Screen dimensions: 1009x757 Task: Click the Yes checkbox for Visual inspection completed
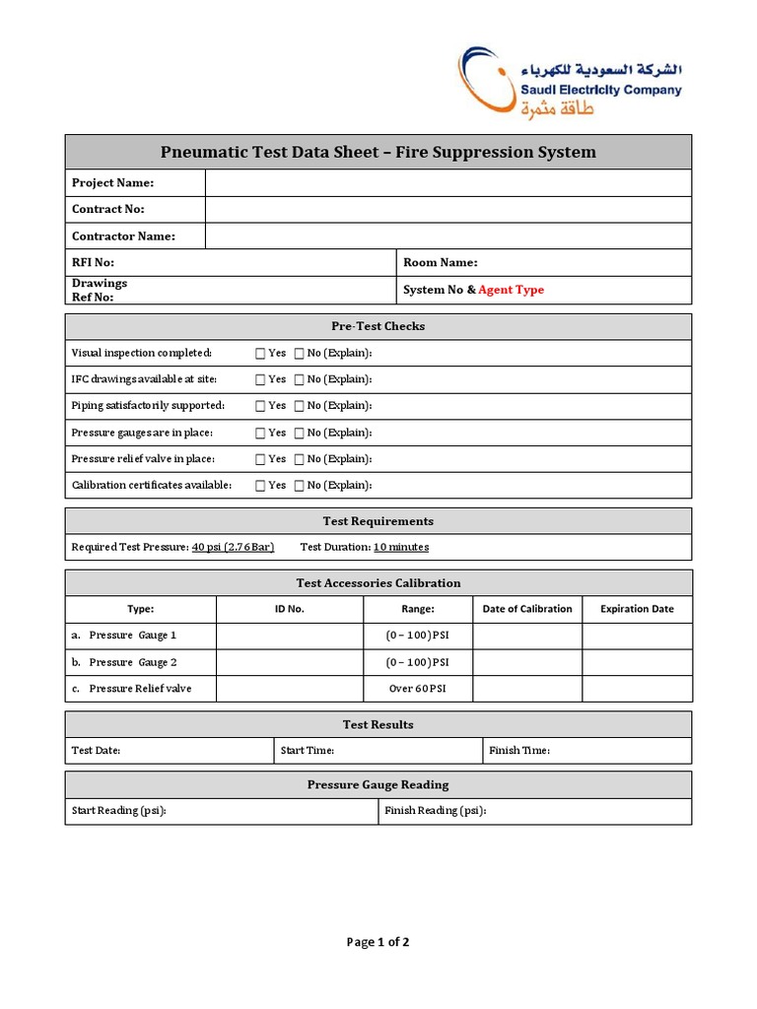(x=260, y=353)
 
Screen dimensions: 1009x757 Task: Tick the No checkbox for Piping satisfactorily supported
(x=299, y=406)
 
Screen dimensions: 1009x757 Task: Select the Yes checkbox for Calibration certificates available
(x=260, y=486)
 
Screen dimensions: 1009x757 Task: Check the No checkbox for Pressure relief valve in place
(x=299, y=459)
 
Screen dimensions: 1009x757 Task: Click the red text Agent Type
(x=511, y=290)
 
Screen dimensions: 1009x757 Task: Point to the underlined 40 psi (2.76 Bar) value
(x=233, y=547)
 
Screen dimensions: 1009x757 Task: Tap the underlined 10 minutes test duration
(x=400, y=547)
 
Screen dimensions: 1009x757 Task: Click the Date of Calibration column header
(x=526, y=609)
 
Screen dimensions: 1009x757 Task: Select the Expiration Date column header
(x=637, y=609)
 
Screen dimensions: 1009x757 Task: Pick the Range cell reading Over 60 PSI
(x=417, y=689)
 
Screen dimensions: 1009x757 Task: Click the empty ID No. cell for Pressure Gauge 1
(x=289, y=636)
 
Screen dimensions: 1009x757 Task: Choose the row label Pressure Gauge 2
(x=133, y=662)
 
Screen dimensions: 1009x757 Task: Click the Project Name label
(x=112, y=182)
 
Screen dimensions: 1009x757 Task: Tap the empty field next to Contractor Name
(x=447, y=235)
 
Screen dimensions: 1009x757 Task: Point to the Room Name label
(x=440, y=262)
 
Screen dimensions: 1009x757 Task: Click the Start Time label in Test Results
(x=307, y=751)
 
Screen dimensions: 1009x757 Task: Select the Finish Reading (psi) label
(x=435, y=811)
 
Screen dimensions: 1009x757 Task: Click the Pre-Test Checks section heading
(x=378, y=326)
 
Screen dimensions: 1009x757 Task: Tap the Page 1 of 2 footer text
(x=378, y=942)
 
